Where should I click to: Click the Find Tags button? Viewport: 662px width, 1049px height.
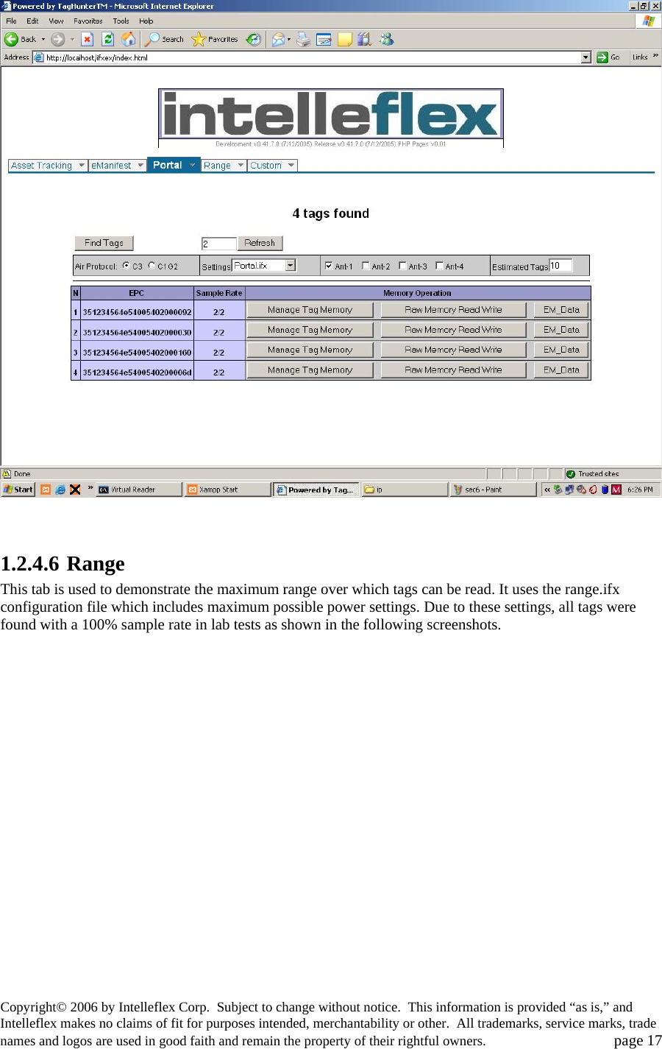[x=104, y=243]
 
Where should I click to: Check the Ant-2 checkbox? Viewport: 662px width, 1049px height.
[x=366, y=266]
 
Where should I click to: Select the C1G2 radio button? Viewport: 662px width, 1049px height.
[x=152, y=266]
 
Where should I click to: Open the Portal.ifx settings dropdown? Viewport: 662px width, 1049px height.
[x=291, y=266]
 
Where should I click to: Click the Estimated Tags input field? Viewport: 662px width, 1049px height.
[x=560, y=266]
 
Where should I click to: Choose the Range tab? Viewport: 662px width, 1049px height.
[x=218, y=166]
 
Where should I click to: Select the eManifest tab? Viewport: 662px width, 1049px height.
[x=112, y=166]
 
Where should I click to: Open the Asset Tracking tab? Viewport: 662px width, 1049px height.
[x=42, y=166]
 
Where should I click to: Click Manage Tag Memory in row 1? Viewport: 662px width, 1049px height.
[x=310, y=310]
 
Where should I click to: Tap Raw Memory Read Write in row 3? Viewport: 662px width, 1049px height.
[x=453, y=350]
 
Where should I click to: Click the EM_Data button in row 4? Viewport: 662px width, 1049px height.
[x=561, y=370]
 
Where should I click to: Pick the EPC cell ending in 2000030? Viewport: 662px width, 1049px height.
[x=137, y=333]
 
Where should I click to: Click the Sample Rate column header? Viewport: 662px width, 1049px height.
[x=219, y=293]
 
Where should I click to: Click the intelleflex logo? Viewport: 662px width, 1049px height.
[x=331, y=114]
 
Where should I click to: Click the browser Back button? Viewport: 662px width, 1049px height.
[x=21, y=39]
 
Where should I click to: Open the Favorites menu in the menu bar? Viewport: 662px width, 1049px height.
[x=88, y=21]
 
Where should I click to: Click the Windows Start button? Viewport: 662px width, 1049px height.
[x=18, y=490]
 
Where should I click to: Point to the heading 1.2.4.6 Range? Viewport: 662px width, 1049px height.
[x=63, y=564]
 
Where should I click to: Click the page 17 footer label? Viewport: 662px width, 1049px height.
[x=638, y=1040]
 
